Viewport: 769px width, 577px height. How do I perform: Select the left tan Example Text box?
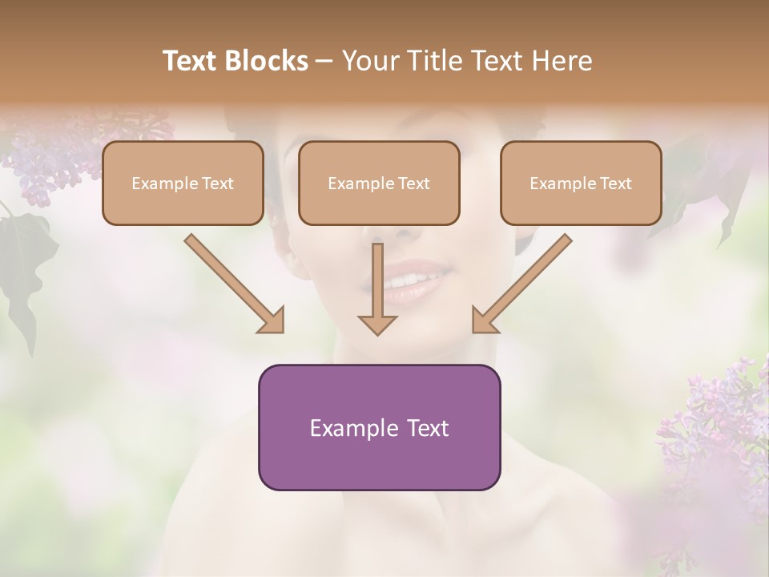point(183,183)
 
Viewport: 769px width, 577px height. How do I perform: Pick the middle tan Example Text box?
point(379,183)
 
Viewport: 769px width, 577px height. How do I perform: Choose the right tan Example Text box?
point(581,183)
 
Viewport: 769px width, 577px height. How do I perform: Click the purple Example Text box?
point(379,427)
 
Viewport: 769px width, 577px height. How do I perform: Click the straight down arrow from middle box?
point(377,288)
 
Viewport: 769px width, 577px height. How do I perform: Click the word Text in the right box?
point(614,184)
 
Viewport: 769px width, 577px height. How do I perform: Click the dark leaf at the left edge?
point(24,264)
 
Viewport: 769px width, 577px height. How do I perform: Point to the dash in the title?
point(324,61)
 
